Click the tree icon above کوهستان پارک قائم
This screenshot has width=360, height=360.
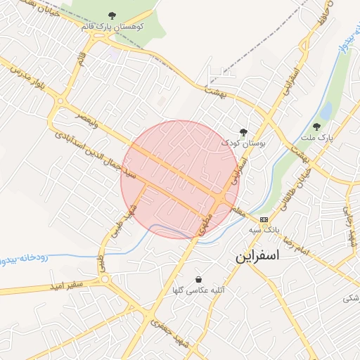click(x=112, y=15)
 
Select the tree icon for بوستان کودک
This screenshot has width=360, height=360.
click(x=244, y=132)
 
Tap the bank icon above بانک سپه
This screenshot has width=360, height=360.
click(x=264, y=219)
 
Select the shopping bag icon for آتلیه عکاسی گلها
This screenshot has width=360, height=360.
click(x=199, y=279)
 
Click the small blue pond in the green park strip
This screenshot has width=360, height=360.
click(x=326, y=111)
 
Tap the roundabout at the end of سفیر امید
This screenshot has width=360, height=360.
click(x=106, y=279)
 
